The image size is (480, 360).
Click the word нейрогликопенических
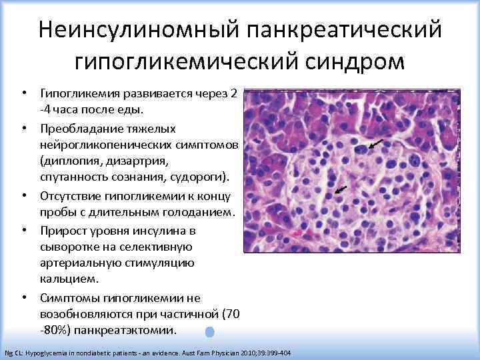[x=107, y=144]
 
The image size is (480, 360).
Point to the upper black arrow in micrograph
[x=377, y=143]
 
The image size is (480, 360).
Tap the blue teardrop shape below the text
[x=210, y=331]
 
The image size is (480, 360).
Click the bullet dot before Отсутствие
[x=23, y=196]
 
